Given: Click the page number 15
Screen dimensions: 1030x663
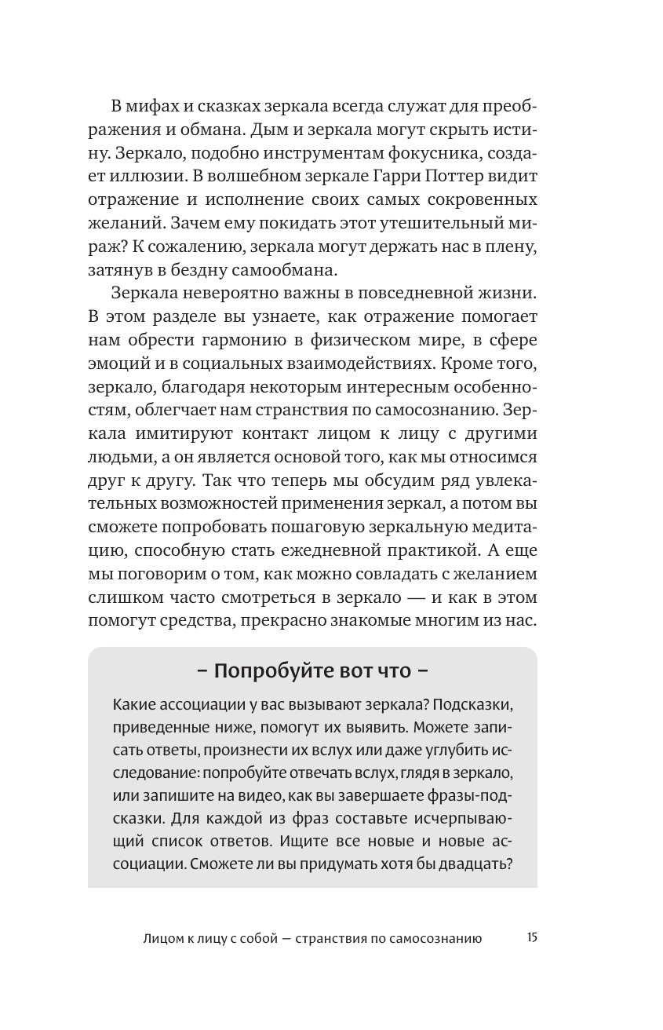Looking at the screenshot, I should click(x=532, y=937).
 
